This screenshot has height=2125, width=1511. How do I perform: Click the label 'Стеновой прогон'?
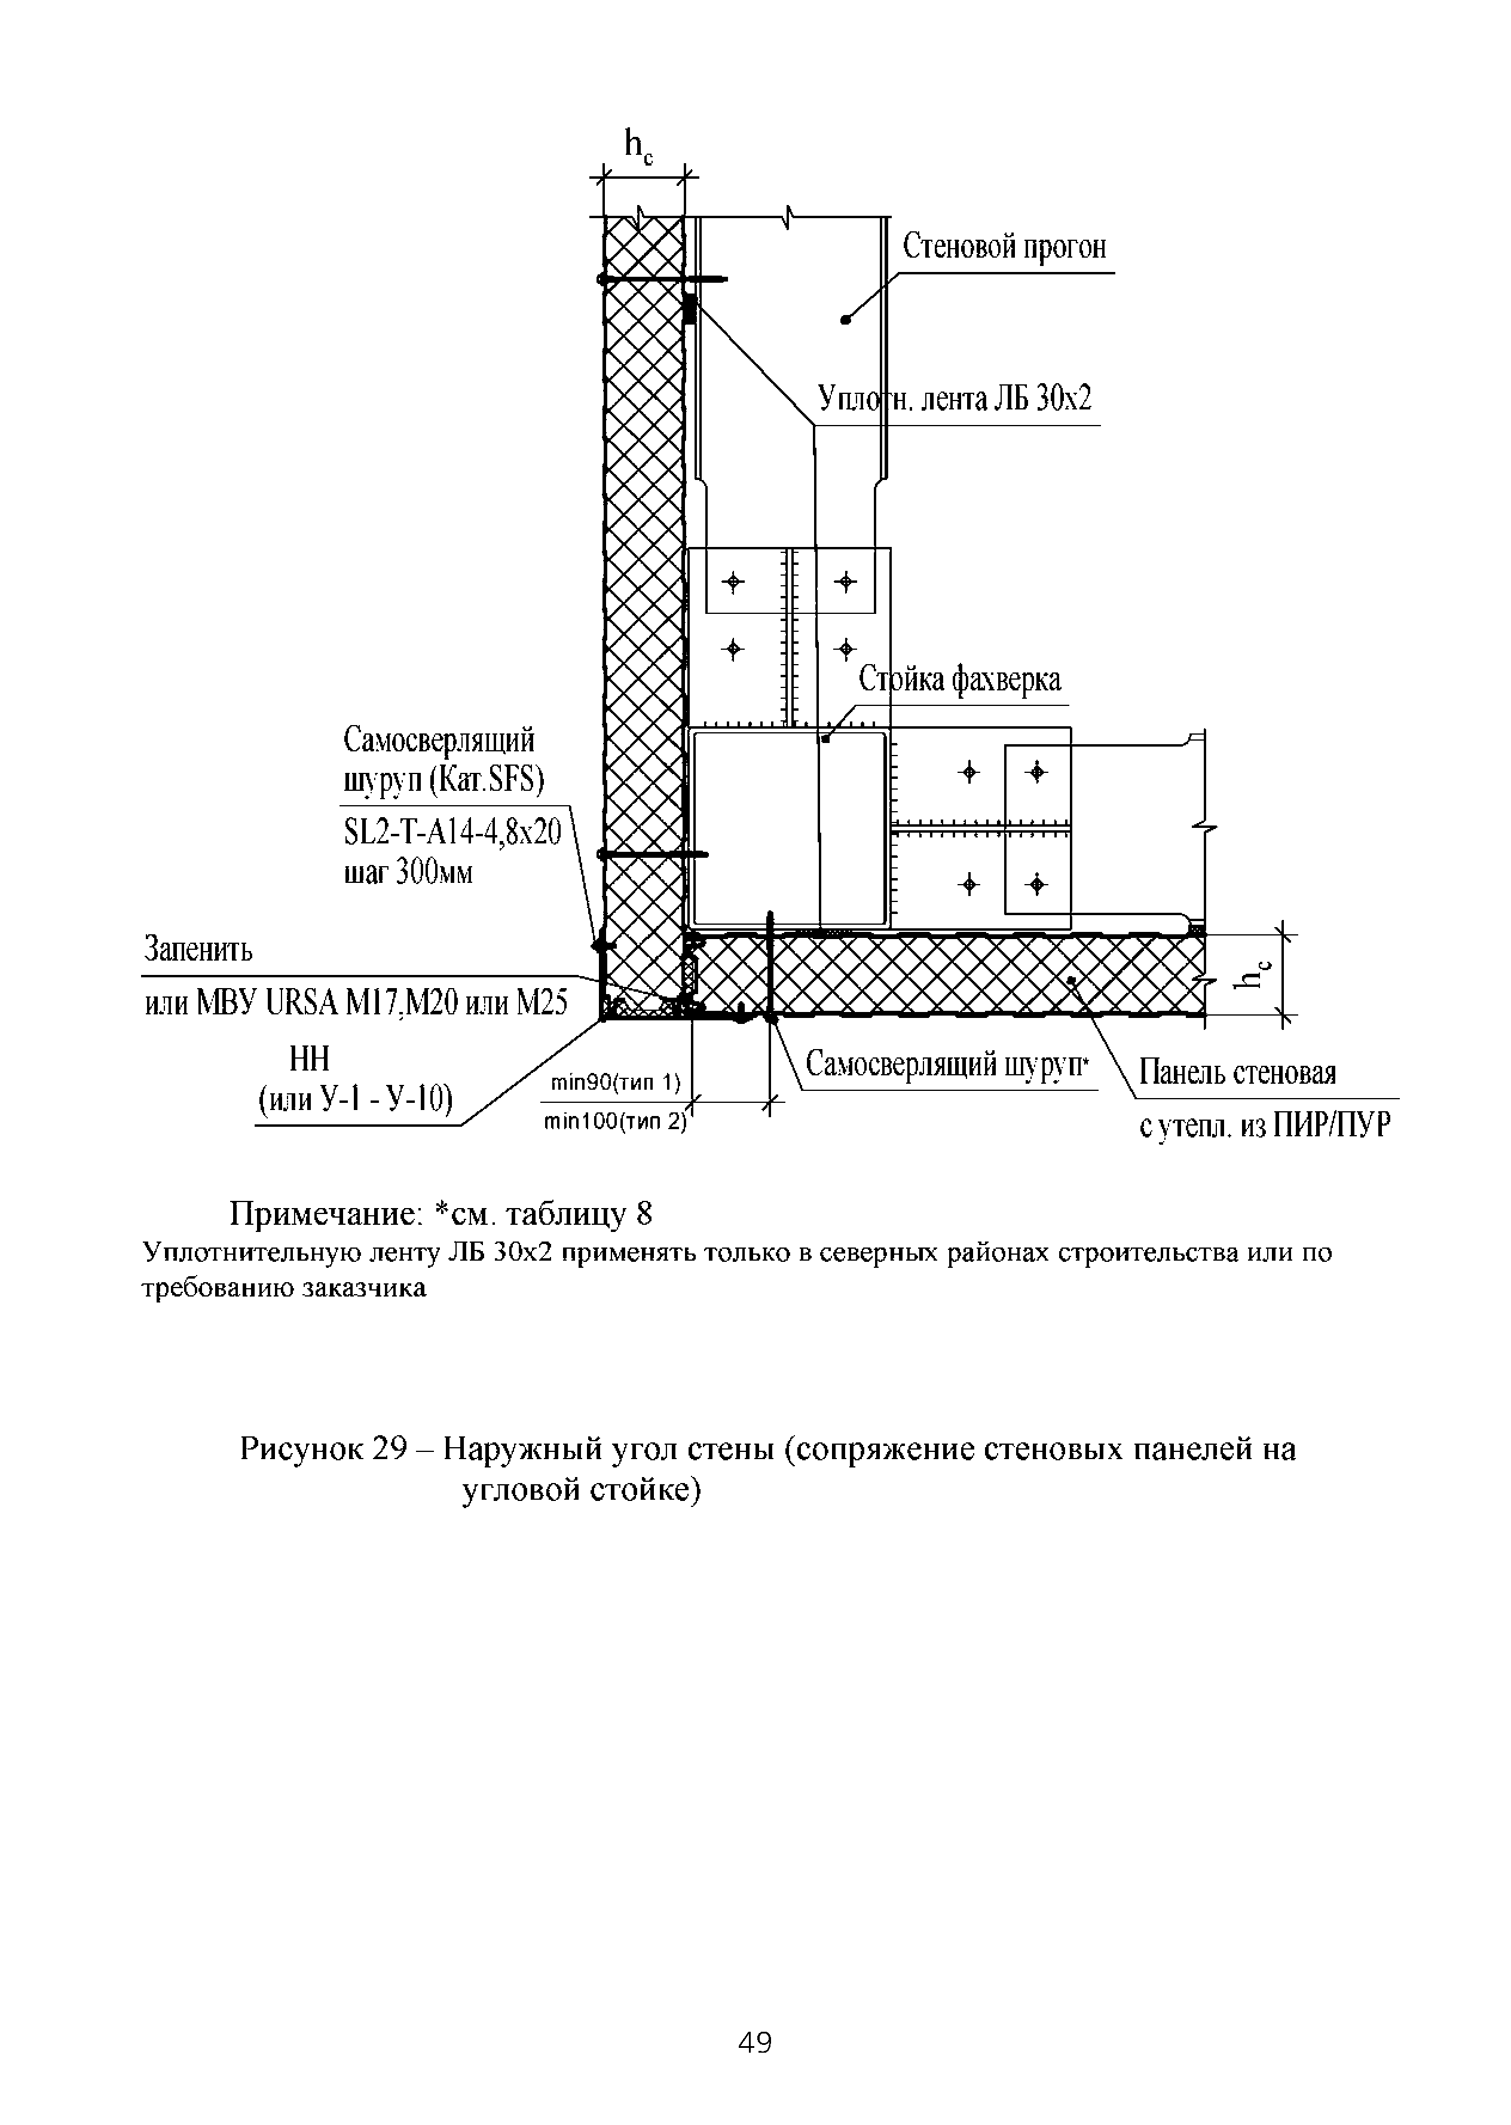pos(1005,247)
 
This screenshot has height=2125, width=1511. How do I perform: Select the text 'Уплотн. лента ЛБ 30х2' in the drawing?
pos(954,399)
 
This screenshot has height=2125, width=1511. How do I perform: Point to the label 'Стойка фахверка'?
pos(959,680)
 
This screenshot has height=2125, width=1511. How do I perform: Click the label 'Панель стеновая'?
pos(1237,1074)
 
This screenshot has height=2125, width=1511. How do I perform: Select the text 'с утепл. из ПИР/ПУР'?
pos(1265,1127)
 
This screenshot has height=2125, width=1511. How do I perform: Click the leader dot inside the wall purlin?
pos(845,320)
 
